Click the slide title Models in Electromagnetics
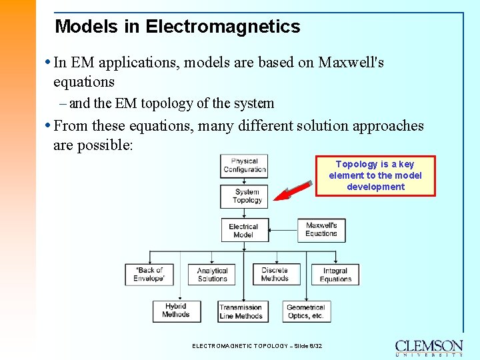coord(177,27)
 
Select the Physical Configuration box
coord(244,165)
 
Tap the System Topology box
coord(244,196)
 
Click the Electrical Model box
coord(245,230)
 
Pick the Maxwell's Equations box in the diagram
coord(321,229)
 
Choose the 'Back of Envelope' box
coord(149,274)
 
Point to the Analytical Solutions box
coord(213,275)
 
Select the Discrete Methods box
coord(275,274)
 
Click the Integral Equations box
coord(335,275)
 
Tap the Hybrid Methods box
coord(176,311)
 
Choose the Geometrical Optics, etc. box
coord(305,311)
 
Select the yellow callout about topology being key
coord(375,175)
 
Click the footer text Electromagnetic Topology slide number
coord(257,346)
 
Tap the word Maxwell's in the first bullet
coord(351,63)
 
